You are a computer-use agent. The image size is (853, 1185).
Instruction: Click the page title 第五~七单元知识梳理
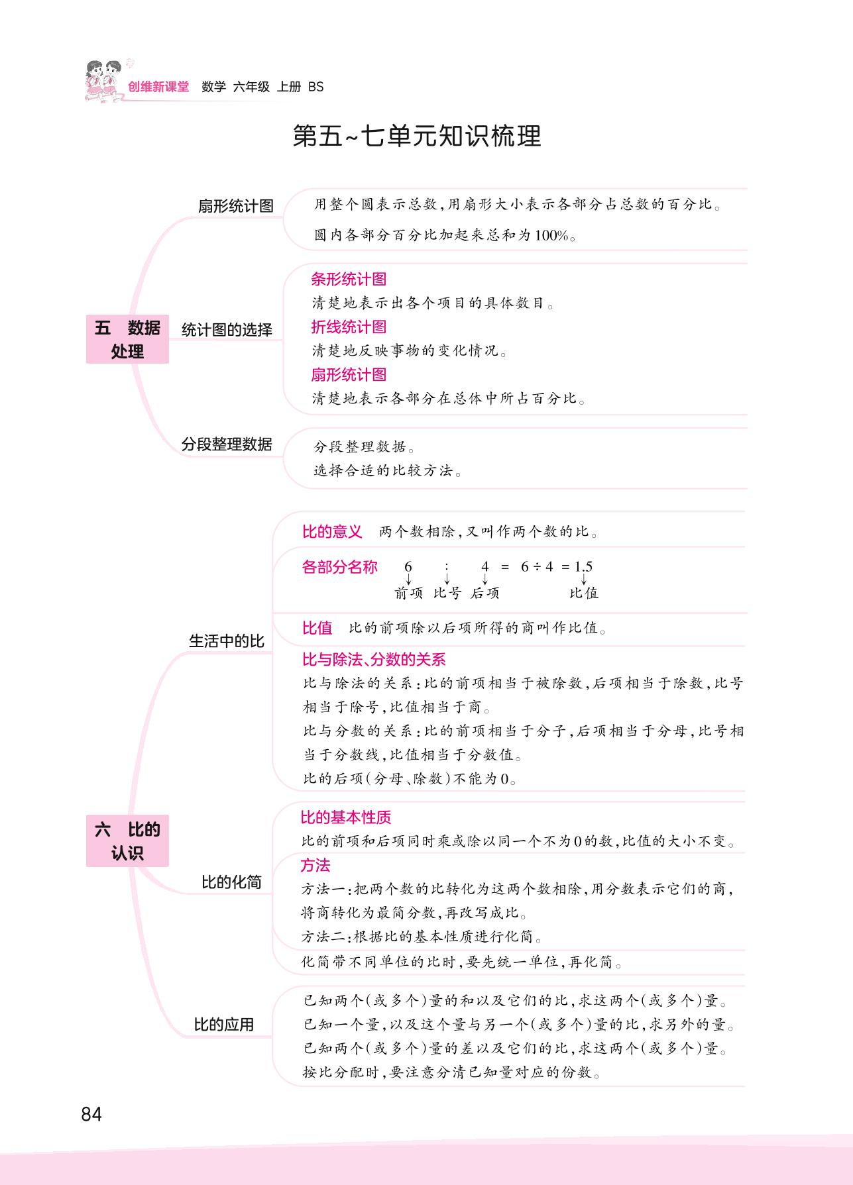point(417,136)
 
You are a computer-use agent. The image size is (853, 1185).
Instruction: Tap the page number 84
point(91,1114)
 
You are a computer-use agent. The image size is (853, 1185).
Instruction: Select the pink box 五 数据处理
point(127,339)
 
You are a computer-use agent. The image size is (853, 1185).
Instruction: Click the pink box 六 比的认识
point(127,841)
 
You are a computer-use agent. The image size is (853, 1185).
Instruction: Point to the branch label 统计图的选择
point(227,330)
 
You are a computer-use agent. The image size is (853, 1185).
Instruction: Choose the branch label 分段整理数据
point(227,444)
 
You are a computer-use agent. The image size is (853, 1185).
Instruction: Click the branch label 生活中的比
point(227,641)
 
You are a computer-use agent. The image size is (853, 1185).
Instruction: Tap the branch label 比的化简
point(231,882)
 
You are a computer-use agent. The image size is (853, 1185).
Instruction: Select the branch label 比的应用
point(223,1024)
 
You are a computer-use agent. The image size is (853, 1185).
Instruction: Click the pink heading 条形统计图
point(349,279)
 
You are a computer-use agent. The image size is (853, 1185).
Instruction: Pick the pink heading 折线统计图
point(349,327)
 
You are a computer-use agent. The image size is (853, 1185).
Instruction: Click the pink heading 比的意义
point(332,531)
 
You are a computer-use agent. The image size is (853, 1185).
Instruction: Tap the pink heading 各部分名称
point(339,567)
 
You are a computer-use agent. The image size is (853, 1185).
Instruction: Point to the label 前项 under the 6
point(408,593)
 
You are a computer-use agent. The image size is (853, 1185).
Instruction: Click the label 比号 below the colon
point(447,593)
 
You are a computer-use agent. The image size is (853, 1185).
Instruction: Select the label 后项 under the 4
point(485,593)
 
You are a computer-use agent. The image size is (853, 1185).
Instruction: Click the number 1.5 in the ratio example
point(583,566)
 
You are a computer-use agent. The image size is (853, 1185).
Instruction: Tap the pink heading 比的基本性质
point(346,817)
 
